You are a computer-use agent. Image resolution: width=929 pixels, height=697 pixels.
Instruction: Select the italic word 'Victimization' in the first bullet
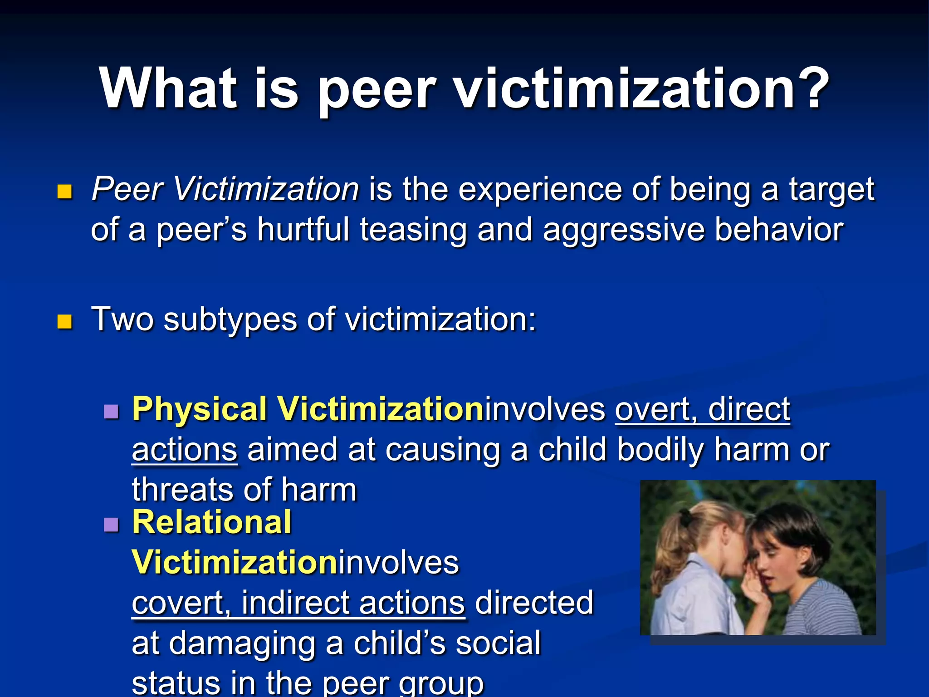[266, 189]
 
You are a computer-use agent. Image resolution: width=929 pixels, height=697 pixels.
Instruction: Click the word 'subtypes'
[230, 320]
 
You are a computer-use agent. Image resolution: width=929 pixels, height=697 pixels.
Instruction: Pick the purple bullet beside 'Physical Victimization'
[111, 412]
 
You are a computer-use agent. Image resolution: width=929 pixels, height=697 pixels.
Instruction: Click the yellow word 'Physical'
[200, 410]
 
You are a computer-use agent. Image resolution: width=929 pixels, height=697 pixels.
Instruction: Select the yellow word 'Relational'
[212, 522]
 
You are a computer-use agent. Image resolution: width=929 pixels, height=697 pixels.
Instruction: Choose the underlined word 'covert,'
[181, 603]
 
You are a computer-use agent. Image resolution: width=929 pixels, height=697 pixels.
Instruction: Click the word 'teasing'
[413, 230]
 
